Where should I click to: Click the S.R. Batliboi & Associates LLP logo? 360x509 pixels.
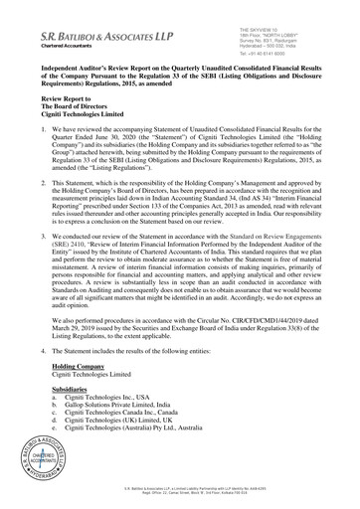[80, 35]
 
